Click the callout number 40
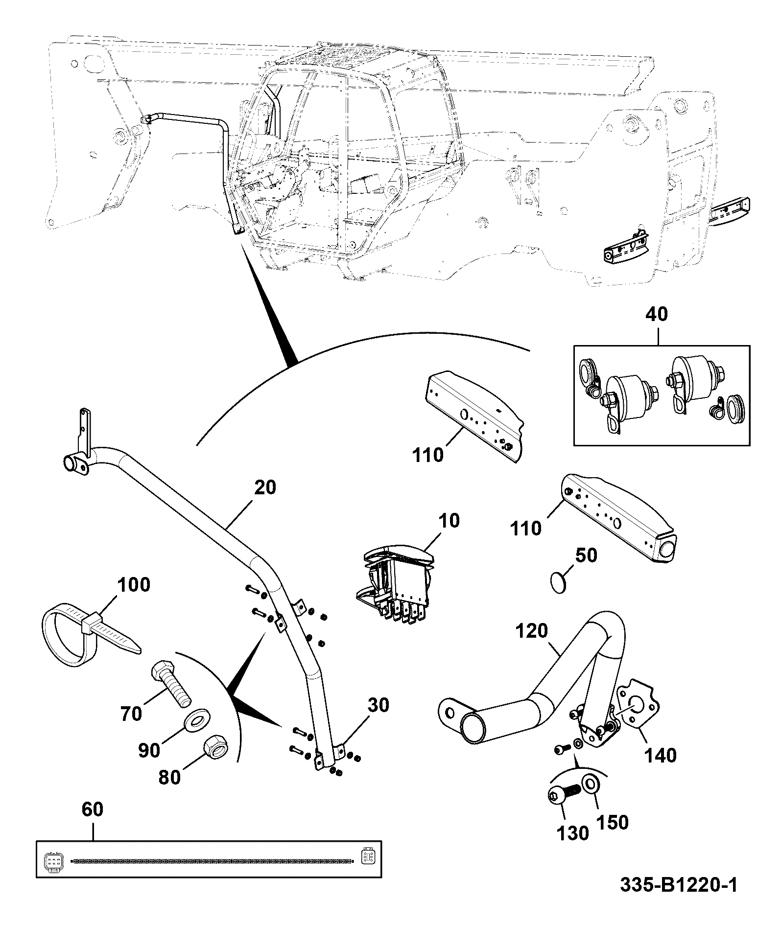(x=657, y=315)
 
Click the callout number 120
(x=531, y=631)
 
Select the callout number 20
(x=265, y=487)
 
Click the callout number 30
(x=378, y=705)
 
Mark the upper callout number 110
(x=427, y=455)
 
